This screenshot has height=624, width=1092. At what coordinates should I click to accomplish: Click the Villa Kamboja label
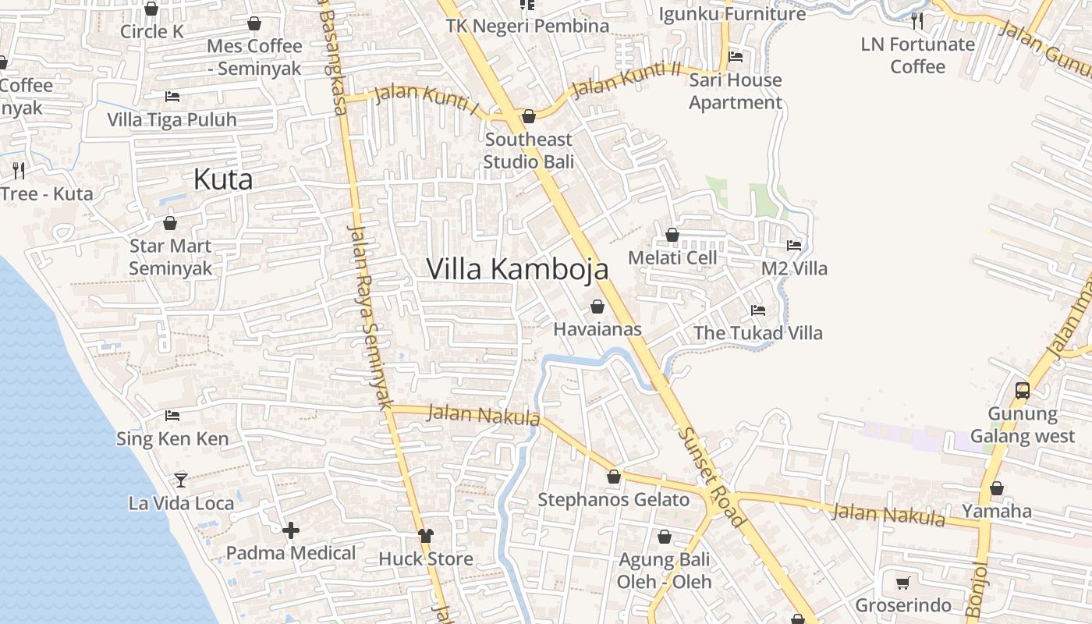pos(517,269)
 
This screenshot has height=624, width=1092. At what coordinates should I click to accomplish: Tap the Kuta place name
pos(223,180)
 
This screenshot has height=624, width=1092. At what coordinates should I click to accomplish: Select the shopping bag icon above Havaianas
pos(597,307)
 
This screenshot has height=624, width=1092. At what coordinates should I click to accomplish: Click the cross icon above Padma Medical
pos(291,531)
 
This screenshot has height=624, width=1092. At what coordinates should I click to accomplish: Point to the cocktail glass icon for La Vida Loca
pos(181,480)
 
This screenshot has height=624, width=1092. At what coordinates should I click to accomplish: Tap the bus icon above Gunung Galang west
pos(1022,391)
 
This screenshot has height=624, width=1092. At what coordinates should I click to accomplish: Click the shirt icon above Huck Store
pos(425,536)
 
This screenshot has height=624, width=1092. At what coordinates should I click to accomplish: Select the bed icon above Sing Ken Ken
pos(172,416)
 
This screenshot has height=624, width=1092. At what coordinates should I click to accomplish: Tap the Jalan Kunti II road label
pos(626,80)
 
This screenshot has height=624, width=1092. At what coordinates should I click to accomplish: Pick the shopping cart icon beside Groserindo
pos(902,583)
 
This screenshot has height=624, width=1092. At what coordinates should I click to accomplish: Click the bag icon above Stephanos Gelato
pos(614,477)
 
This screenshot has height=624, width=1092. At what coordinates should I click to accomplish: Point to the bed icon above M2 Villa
pos(794,245)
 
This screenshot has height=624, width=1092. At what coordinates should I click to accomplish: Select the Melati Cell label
pos(672,257)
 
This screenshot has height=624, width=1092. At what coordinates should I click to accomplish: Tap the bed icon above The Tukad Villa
pos(757,310)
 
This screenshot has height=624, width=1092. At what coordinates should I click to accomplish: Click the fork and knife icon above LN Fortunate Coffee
pos(917,21)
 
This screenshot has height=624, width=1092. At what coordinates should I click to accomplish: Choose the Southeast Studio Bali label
pos(528,151)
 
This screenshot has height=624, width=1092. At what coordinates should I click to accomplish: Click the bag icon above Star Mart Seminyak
pos(170,224)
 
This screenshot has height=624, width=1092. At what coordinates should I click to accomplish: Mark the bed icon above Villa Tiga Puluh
pos(172,97)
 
